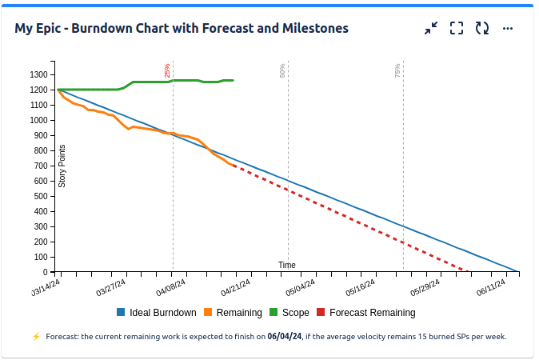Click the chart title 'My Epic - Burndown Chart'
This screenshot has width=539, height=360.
[x=182, y=28]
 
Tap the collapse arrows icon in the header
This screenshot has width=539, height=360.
[x=431, y=28]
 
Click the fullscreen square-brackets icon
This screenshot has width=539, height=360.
[x=457, y=28]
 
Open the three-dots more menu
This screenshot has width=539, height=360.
[x=508, y=28]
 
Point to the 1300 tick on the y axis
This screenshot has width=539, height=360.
[x=38, y=74]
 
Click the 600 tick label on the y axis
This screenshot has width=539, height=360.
[x=41, y=181]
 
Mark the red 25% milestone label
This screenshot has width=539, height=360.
[x=167, y=70]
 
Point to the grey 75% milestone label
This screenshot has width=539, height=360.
[x=397, y=70]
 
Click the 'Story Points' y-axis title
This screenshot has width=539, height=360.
[x=62, y=166]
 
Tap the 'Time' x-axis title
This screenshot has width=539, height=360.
[x=287, y=265]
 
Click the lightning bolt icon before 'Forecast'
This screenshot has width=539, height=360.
[x=36, y=337]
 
